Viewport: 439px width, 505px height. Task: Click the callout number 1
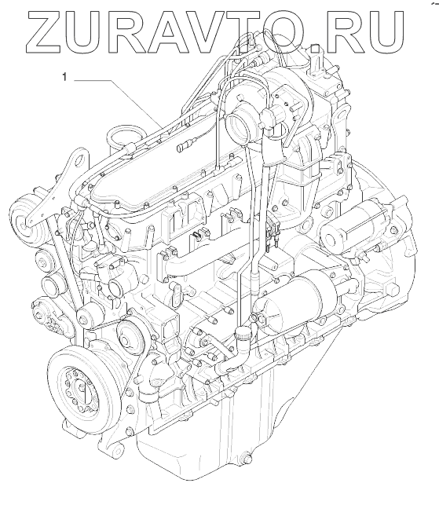click(x=64, y=77)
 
